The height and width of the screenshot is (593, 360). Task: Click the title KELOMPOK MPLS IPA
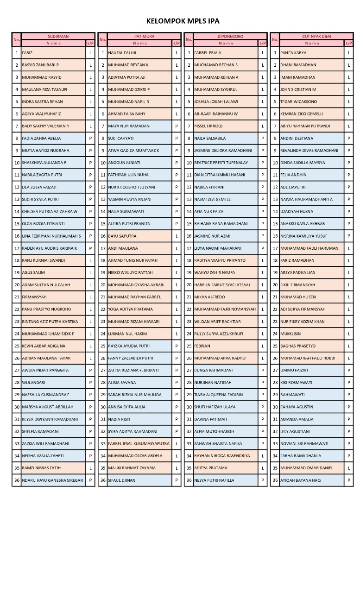tap(183, 21)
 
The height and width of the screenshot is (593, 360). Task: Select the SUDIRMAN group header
tap(58, 36)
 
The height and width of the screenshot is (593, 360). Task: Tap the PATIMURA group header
tap(144, 36)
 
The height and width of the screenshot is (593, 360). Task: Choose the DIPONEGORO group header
tap(230, 36)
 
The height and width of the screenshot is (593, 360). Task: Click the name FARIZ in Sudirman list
tap(27, 53)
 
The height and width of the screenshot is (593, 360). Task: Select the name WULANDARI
tap(34, 383)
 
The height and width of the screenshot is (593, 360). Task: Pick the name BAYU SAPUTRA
tap(122, 236)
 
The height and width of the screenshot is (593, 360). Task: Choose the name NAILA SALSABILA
tap(210, 139)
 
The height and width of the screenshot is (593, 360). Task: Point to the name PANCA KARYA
tap(293, 53)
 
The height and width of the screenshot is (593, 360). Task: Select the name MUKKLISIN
tap(291, 334)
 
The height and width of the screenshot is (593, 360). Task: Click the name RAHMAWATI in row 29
tap(292, 395)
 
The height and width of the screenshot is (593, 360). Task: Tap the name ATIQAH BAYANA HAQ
tap(300, 480)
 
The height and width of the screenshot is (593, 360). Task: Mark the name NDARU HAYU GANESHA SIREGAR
tap(52, 480)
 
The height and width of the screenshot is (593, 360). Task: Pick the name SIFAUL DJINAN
tap(122, 480)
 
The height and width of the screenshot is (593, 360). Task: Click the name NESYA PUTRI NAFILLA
tap(214, 480)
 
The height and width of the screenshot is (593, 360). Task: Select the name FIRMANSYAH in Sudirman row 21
tap(35, 297)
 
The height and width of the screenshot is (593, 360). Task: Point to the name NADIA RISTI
tap(119, 419)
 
